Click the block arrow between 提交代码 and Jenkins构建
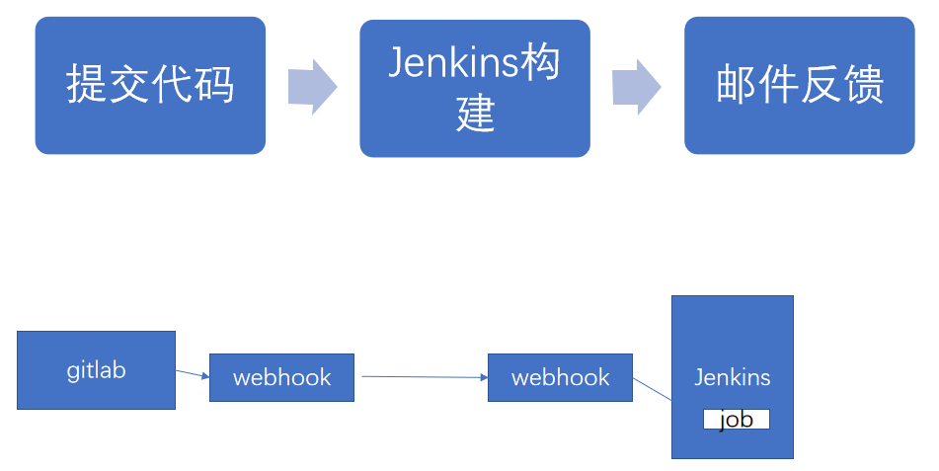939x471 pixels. coord(312,87)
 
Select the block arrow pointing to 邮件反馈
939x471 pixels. coord(636,87)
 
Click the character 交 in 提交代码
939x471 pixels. coord(129,86)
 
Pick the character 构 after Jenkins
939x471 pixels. coord(541,64)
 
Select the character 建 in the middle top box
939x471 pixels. coord(475,115)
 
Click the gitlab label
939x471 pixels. coord(96,371)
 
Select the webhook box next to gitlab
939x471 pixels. coord(281,377)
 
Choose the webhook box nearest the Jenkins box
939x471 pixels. coord(560,377)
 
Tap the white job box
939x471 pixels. coord(736,420)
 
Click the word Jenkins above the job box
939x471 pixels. coord(732,377)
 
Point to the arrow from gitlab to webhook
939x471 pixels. coord(193,373)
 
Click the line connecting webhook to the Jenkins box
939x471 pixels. coord(652,388)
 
